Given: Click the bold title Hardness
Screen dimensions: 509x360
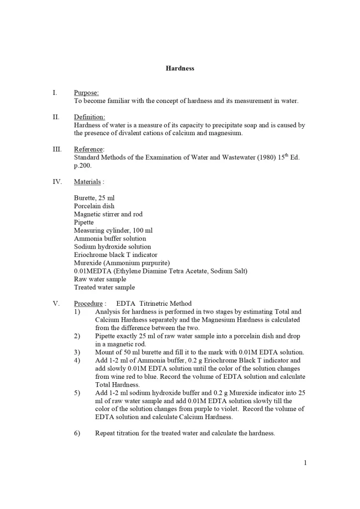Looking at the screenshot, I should tap(180, 69).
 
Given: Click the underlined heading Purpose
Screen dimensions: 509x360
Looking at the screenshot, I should tap(86, 92).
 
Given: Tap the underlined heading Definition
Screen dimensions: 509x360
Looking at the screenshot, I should tap(89, 117).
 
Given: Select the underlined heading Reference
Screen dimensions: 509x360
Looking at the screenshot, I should tap(89, 149).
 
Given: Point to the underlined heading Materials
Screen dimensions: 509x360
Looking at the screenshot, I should tap(87, 181).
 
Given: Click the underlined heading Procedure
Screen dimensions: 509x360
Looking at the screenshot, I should tap(88, 303).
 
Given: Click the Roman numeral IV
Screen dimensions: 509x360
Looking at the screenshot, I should tap(57, 181).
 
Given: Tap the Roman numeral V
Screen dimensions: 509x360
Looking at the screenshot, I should tap(56, 303).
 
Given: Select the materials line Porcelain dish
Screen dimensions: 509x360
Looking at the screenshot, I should tap(94, 206).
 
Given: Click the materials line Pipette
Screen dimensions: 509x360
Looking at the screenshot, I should tap(84, 222).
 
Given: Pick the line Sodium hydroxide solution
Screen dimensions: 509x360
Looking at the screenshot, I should tap(112, 247).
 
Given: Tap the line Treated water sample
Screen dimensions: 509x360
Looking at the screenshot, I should tap(104, 287).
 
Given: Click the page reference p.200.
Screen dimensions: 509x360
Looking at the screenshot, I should tap(83, 166).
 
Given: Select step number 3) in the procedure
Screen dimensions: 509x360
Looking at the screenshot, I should tap(77, 352).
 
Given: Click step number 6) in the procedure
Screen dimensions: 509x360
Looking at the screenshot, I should tap(77, 433).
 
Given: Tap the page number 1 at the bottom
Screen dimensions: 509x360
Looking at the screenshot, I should tap(305, 463).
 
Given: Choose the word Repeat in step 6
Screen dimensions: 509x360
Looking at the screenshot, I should tap(105, 433).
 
